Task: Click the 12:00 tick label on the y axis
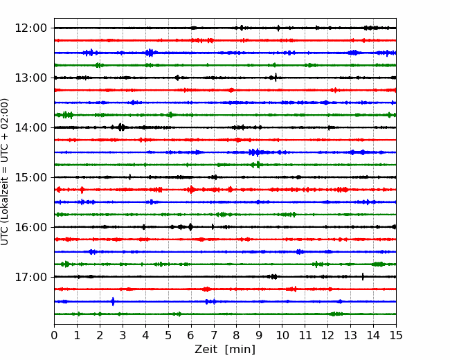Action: click(x=30, y=28)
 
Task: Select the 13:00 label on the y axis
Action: click(x=30, y=78)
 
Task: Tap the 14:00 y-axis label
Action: click(x=30, y=128)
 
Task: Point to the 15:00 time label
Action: click(x=30, y=177)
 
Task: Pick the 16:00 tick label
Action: click(x=30, y=227)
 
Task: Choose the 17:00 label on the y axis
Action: click(x=30, y=277)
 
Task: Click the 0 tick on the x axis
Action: click(x=54, y=335)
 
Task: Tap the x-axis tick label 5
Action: click(x=168, y=335)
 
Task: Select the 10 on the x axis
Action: click(x=282, y=335)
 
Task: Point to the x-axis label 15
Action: click(x=396, y=335)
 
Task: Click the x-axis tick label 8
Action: click(x=237, y=335)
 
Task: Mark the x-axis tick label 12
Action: click(x=327, y=335)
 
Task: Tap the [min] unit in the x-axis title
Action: click(x=240, y=350)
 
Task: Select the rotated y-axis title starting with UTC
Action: click(x=4, y=172)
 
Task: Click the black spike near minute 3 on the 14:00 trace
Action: click(x=121, y=127)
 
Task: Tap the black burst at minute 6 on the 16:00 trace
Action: click(x=190, y=227)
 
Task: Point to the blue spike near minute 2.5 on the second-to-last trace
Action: click(x=113, y=301)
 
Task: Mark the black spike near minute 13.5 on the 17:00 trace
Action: click(x=363, y=276)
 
